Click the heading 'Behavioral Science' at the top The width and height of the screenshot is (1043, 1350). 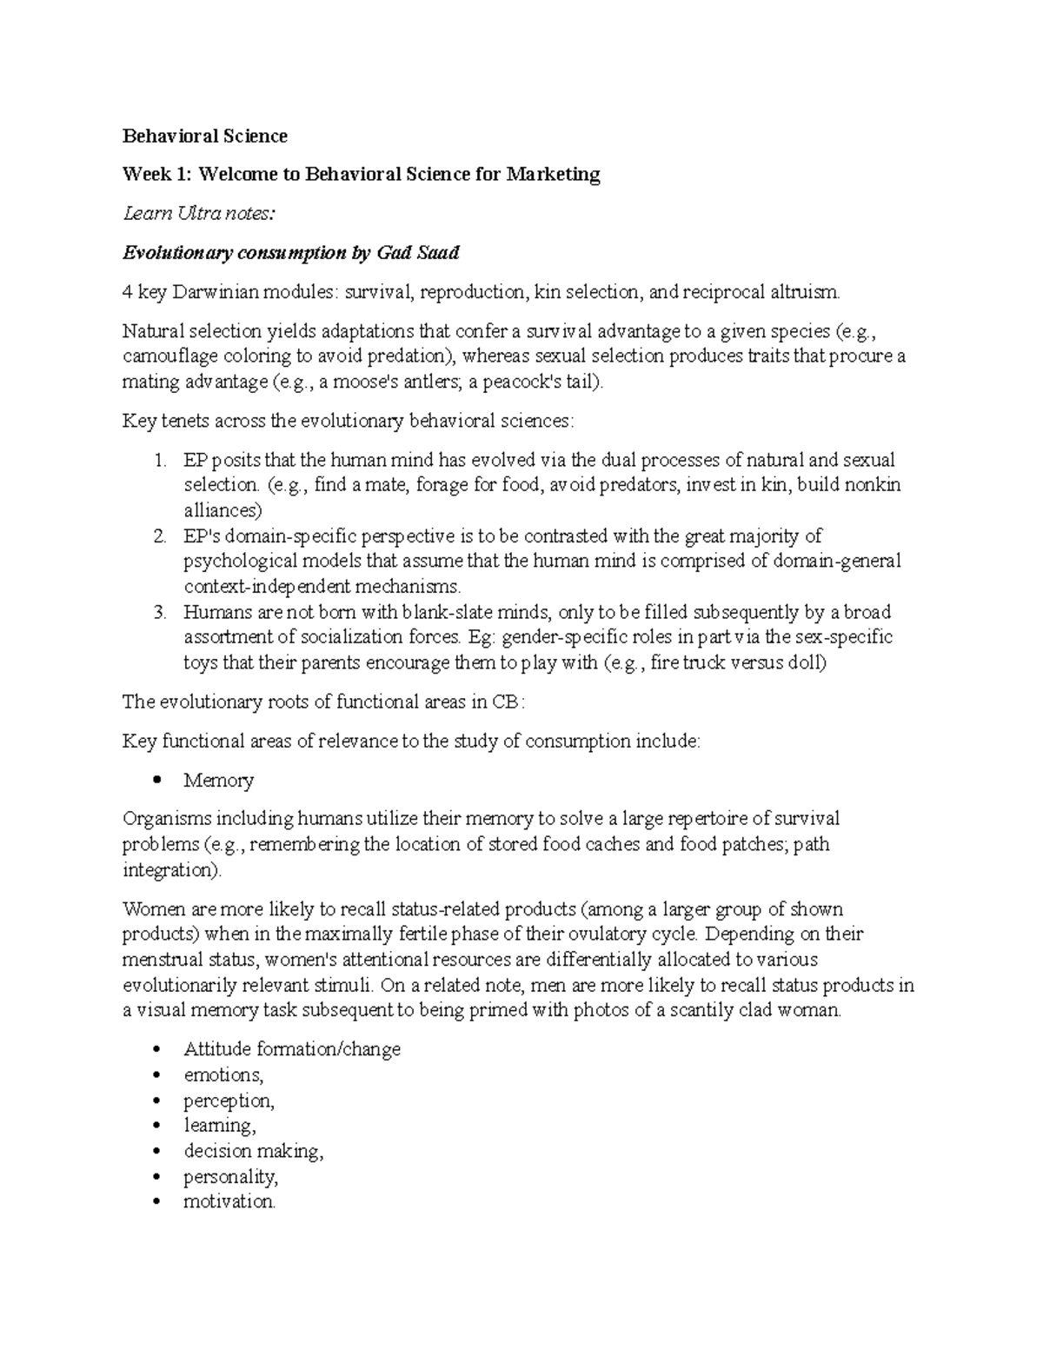point(204,136)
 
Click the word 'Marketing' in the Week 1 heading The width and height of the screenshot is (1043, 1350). point(554,174)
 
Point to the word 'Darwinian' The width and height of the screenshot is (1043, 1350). point(213,292)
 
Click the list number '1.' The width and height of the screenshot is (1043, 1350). point(158,460)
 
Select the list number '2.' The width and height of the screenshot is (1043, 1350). point(158,535)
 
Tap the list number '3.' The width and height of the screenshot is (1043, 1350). point(158,612)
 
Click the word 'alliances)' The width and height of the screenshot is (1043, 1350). point(223,510)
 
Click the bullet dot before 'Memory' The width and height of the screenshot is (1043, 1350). point(157,780)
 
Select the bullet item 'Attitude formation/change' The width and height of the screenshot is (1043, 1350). point(292,1049)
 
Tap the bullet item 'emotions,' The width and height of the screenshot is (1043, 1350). point(223,1074)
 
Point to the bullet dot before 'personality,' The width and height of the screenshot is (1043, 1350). point(157,1177)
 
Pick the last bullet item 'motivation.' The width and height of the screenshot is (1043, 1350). point(229,1202)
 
